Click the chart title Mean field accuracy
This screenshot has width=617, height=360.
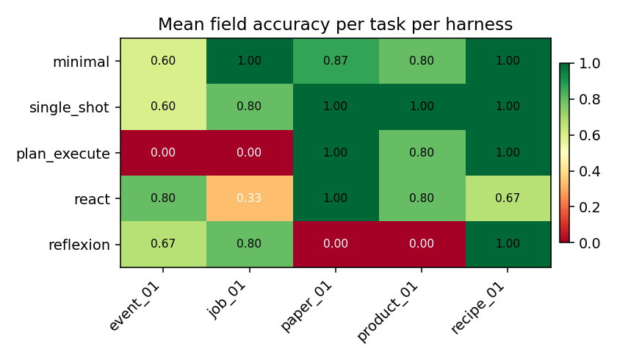[335, 24]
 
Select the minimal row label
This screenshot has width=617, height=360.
[81, 62]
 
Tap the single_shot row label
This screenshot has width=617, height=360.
[69, 107]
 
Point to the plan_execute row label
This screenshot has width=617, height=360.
[62, 154]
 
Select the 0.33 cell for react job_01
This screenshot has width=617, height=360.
[249, 198]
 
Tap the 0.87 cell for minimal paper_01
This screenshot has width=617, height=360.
[335, 61]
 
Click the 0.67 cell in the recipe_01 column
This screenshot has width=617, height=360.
[508, 198]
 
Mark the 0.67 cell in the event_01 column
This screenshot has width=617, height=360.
[163, 244]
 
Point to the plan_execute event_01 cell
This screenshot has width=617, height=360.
[163, 153]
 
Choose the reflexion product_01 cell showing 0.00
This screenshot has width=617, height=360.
[422, 244]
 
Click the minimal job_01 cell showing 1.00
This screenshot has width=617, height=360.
[249, 61]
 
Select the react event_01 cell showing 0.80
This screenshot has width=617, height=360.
[163, 198]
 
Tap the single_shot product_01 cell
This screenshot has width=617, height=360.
[422, 107]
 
